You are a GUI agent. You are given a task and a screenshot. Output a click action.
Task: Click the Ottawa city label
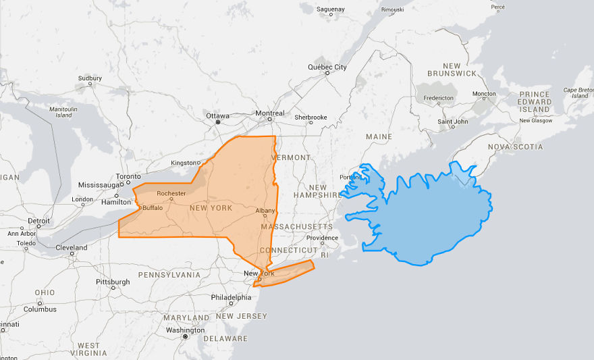tap(217, 115)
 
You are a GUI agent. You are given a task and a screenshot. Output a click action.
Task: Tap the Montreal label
tap(270, 113)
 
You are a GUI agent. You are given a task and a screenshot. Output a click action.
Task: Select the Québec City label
tap(327, 67)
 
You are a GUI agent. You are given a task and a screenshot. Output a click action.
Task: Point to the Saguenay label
tap(330, 9)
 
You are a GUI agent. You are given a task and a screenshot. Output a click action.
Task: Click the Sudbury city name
tap(90, 78)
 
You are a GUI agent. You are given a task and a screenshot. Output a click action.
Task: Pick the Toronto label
tap(128, 176)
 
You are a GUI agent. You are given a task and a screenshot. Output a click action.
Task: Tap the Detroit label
tap(38, 221)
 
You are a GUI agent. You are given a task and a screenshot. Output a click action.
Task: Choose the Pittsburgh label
tap(112, 282)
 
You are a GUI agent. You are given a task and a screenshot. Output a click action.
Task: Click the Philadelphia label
tap(231, 297)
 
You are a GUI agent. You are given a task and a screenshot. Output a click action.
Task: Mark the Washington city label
tap(185, 330)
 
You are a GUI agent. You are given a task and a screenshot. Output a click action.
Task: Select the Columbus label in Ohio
tap(40, 309)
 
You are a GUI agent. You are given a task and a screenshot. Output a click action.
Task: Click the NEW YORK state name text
tap(211, 208)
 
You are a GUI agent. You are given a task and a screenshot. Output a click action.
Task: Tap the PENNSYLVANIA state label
tap(169, 275)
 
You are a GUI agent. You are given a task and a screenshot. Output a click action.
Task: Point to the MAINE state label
tap(378, 137)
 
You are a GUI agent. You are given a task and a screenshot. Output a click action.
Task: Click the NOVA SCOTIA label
tap(516, 147)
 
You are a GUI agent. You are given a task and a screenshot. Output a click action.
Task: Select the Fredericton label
tap(439, 98)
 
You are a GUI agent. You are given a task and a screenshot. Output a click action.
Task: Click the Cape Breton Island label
tap(578, 93)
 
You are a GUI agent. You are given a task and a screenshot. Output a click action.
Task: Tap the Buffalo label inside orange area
tap(152, 208)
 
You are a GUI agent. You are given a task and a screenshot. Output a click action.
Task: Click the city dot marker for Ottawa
tap(217, 123)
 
